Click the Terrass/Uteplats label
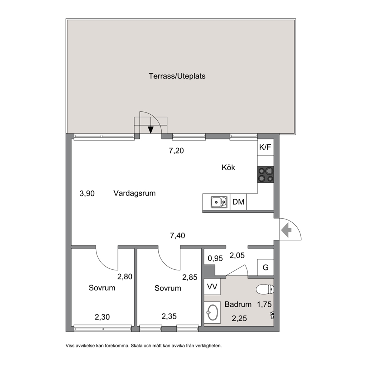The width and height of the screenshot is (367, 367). [177, 76]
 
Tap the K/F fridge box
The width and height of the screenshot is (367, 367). [265, 148]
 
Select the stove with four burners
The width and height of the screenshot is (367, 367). [265, 175]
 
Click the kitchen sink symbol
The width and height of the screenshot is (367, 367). [219, 202]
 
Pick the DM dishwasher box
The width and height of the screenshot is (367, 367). [238, 202]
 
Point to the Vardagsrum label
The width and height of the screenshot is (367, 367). [135, 193]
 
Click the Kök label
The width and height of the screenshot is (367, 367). [228, 168]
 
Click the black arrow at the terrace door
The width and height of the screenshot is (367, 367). [151, 129]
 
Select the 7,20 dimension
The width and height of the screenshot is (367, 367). [176, 151]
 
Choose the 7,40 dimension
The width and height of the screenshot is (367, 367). [178, 235]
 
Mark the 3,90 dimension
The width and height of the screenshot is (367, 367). [87, 193]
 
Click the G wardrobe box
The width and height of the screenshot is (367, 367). [265, 267]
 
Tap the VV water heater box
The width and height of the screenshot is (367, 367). [212, 287]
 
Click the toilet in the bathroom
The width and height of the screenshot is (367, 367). [265, 289]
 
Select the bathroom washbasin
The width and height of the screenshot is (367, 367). [212, 312]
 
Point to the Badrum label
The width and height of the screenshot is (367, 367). [238, 304]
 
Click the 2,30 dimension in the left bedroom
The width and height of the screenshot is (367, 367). [102, 317]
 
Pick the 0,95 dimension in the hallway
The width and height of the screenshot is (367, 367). [215, 258]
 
